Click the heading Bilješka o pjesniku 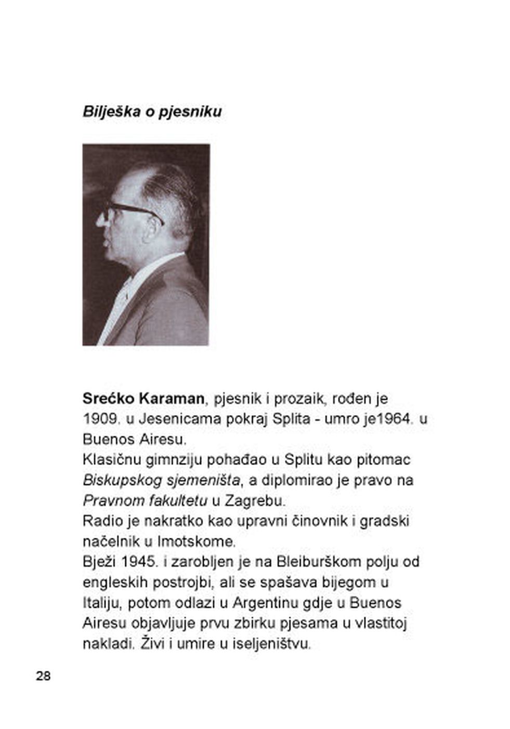pos(152,112)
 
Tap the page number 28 pos(43,675)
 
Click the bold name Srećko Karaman pos(143,399)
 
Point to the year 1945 pos(141,562)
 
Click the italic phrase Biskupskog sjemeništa pos(162,481)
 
